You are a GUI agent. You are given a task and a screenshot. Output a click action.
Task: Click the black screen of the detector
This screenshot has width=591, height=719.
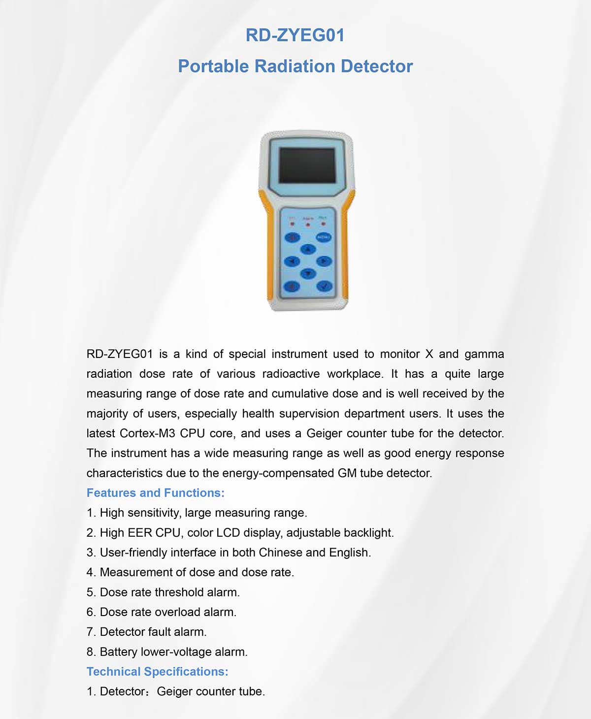(x=307, y=165)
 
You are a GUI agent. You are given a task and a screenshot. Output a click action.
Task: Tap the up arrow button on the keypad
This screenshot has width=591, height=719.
(x=308, y=249)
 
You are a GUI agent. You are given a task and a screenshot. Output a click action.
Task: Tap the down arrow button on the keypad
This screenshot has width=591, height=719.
(x=308, y=273)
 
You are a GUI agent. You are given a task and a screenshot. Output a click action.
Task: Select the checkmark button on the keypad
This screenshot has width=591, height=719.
(x=324, y=286)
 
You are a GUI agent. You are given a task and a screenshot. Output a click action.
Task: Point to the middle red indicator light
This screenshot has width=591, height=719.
(x=308, y=225)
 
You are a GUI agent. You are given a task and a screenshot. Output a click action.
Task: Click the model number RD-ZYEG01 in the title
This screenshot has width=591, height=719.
(x=295, y=35)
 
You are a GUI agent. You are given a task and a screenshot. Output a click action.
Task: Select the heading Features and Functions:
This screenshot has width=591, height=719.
(x=156, y=493)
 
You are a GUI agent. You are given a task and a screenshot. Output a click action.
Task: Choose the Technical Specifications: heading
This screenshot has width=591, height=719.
(x=158, y=672)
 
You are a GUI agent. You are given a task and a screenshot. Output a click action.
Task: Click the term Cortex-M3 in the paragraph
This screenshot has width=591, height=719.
(x=147, y=433)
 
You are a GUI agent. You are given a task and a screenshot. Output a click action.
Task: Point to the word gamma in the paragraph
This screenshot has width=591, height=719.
(x=484, y=354)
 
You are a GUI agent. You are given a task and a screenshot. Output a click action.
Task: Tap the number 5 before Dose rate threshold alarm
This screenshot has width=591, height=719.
(x=90, y=592)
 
